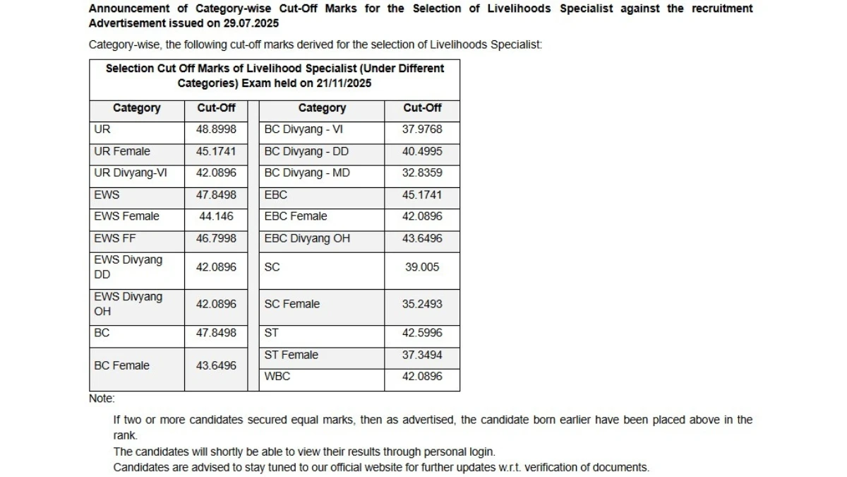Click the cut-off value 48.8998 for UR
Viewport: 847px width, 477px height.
point(216,129)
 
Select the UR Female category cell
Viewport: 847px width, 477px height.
point(121,151)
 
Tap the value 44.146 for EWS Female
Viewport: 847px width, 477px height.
point(216,216)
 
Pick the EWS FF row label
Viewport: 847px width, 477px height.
point(114,238)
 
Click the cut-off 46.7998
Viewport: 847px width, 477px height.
point(216,238)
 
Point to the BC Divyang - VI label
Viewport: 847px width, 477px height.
point(304,129)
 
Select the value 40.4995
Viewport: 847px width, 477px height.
point(422,151)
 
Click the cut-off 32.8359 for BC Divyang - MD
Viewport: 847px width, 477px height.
point(422,173)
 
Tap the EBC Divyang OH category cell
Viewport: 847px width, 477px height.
point(307,238)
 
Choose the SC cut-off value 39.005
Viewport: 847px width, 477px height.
point(422,267)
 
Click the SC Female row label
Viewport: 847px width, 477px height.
point(292,304)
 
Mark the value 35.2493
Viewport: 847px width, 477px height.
point(422,304)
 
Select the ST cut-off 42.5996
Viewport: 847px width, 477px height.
point(422,333)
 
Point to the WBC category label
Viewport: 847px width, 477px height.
point(277,377)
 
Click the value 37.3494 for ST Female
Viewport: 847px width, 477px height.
point(422,355)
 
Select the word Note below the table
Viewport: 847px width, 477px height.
point(101,399)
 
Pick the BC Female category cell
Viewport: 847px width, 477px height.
point(121,365)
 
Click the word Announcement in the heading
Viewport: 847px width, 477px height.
point(129,8)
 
